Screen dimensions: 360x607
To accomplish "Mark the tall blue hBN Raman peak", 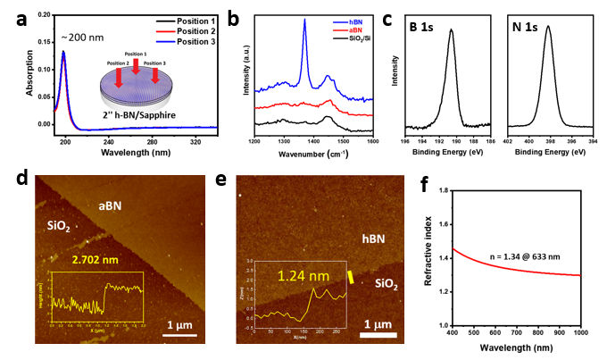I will coord(305,22).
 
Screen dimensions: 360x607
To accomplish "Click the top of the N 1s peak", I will coord(548,27).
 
